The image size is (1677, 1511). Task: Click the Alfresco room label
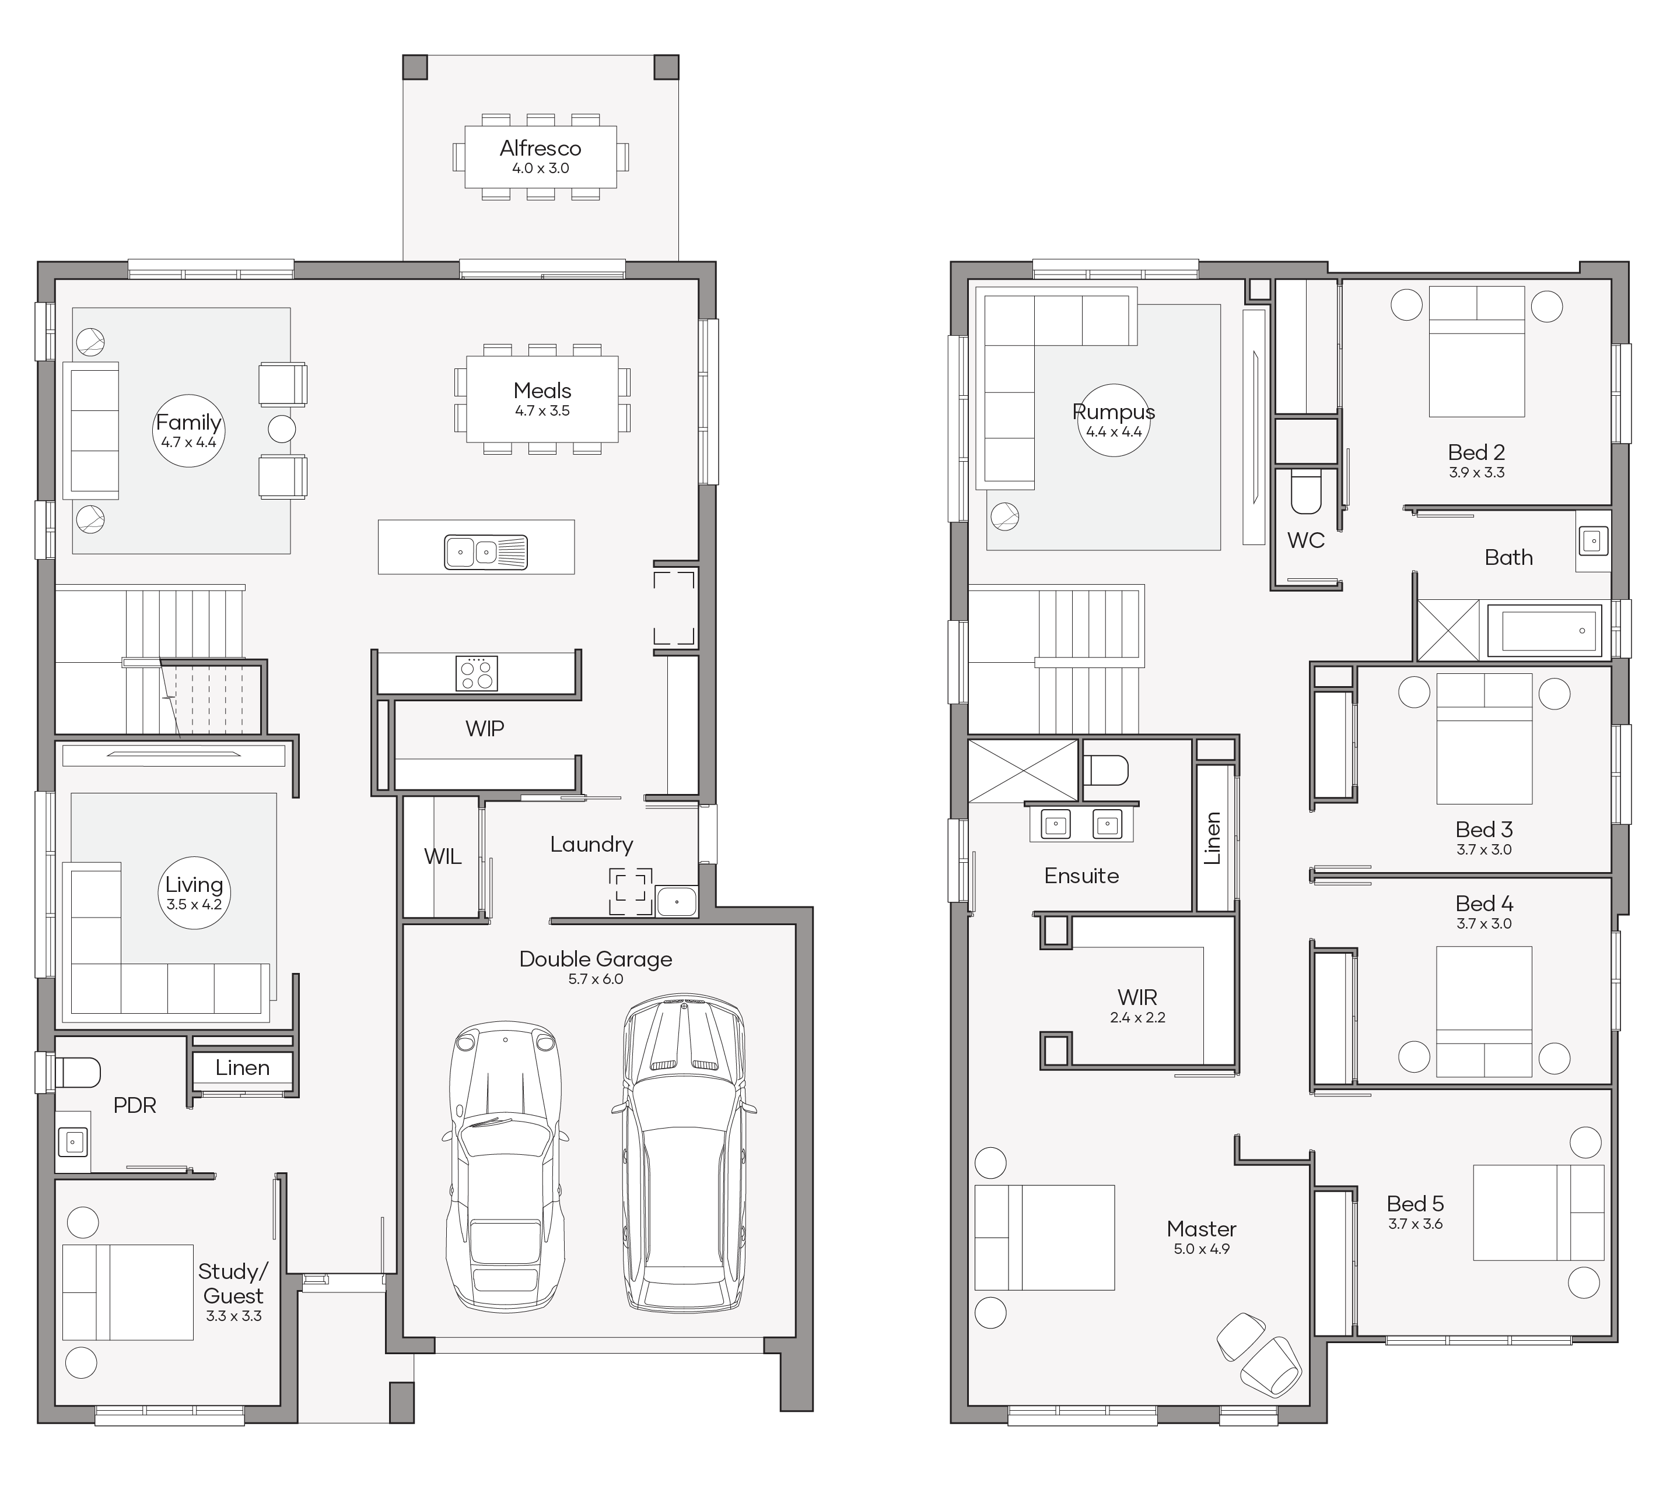point(540,149)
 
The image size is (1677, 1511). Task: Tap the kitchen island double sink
point(486,551)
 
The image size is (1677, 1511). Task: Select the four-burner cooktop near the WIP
point(477,673)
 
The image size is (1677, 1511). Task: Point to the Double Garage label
point(596,959)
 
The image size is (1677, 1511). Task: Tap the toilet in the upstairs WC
point(1305,491)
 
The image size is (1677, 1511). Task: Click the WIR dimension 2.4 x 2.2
point(1137,1018)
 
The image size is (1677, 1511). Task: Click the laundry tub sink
point(677,901)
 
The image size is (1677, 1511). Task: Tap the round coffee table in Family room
point(282,429)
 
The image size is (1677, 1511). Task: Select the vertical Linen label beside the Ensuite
point(1213,838)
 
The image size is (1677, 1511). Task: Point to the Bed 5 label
point(1415,1204)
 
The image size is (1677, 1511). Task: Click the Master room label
point(1201,1229)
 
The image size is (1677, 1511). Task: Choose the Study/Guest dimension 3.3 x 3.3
point(233,1316)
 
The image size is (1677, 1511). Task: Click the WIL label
point(443,857)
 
